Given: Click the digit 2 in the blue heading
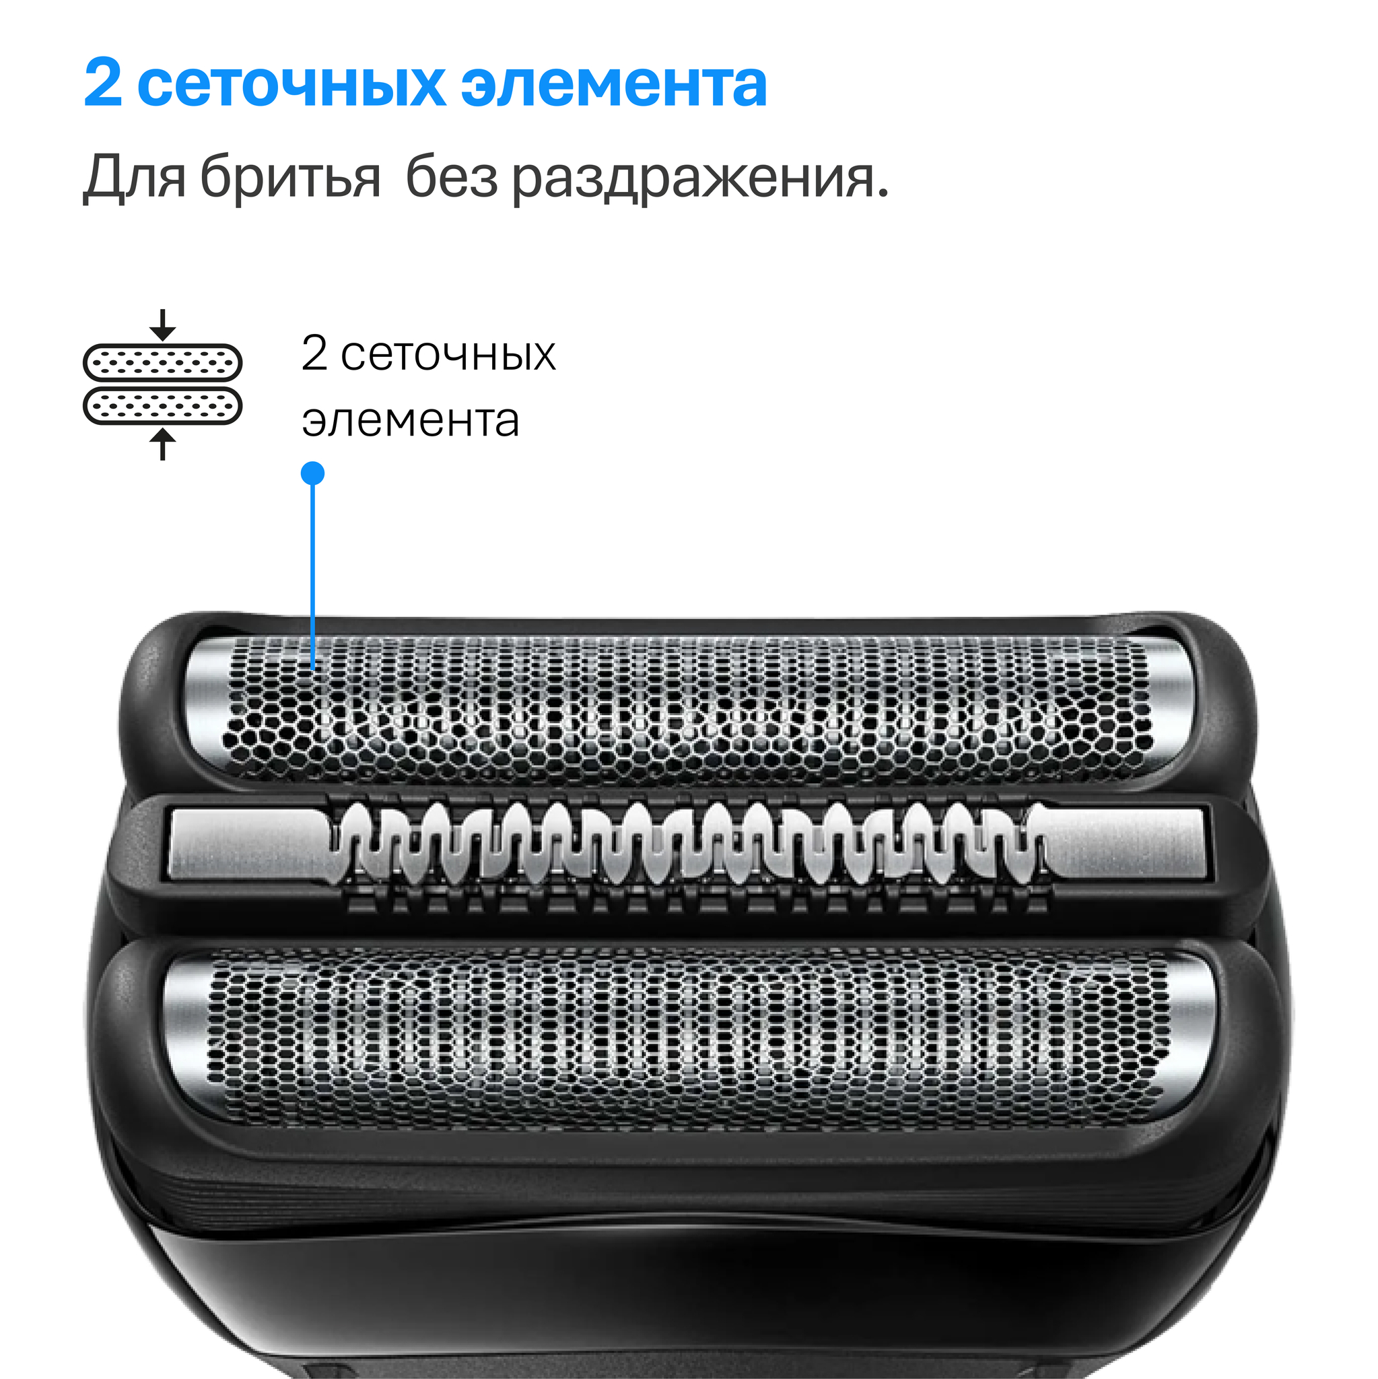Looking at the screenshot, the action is (x=103, y=83).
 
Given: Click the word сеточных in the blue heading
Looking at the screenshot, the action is (x=291, y=85).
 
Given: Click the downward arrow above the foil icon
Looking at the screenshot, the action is (x=164, y=325).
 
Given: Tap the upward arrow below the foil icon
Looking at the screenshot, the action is (x=164, y=444).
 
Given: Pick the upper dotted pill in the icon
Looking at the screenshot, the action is (x=163, y=363).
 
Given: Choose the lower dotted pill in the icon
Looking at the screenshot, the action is (x=163, y=406).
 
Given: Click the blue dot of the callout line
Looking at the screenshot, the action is (x=312, y=473).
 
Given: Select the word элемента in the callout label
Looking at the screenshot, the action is (x=411, y=421).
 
